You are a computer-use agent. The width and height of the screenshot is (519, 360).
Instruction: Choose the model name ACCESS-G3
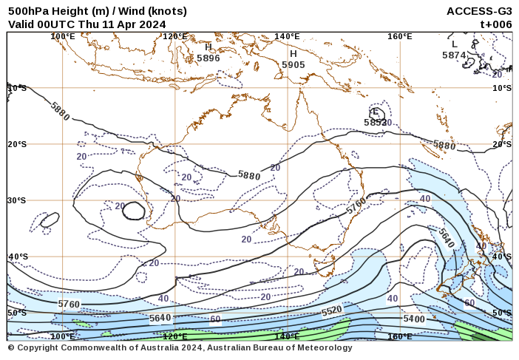pos(479,11)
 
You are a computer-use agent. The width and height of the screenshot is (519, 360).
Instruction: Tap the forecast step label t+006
pos(495,24)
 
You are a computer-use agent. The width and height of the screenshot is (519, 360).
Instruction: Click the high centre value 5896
pos(208,58)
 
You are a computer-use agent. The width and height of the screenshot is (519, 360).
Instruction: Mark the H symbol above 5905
pos(294,54)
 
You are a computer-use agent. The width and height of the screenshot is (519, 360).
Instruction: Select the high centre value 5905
pos(294,65)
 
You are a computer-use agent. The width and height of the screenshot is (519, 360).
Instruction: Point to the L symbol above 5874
pos(455,44)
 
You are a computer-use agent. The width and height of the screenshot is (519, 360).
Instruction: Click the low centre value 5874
pos(454,55)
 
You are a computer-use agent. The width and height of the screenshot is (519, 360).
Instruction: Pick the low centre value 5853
pos(377,122)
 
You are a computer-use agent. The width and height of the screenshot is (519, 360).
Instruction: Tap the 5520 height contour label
pos(331,311)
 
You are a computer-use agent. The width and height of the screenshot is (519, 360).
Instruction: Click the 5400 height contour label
pos(414,319)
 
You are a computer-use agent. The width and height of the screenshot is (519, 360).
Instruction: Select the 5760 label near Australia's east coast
pos(356,203)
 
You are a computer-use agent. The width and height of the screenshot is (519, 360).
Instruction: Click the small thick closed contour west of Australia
pos(134,211)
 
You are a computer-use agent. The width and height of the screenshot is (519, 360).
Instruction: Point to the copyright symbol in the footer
pos(11,347)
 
